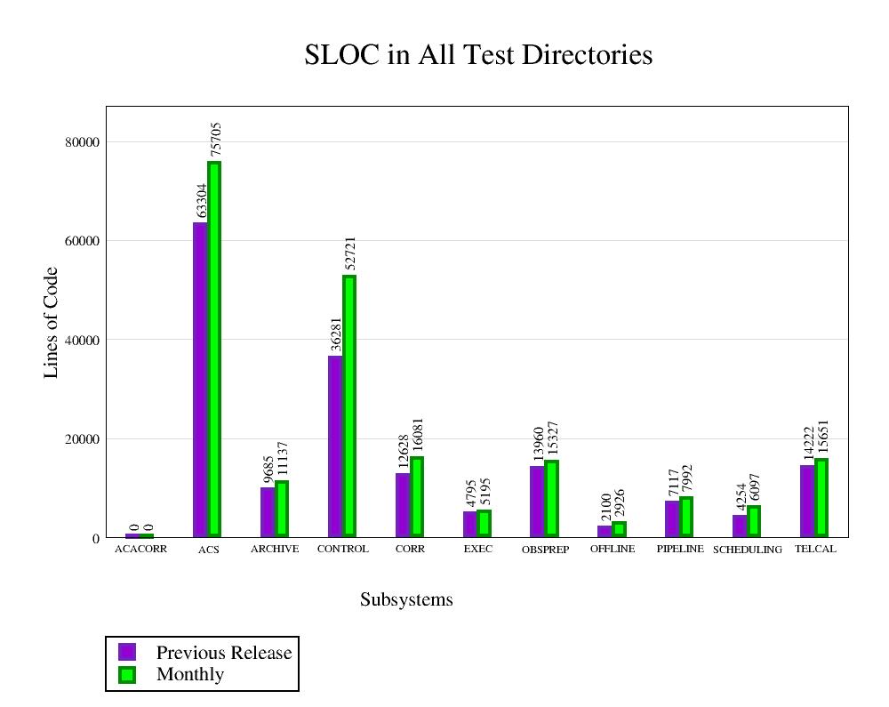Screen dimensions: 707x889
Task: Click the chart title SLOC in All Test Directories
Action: [x=478, y=55]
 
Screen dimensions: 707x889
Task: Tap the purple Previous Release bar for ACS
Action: [x=200, y=379]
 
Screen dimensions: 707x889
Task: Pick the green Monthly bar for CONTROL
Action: [x=349, y=406]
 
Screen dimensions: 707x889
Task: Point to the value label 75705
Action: [x=215, y=140]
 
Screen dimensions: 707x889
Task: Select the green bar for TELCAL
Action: [x=821, y=498]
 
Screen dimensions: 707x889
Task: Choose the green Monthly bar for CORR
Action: [x=417, y=497]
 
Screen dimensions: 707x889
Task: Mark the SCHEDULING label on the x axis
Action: [x=748, y=550]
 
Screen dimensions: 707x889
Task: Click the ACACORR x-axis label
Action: [x=140, y=550]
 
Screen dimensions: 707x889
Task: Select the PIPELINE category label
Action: [x=680, y=550]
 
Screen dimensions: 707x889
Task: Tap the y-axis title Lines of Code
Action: [x=51, y=322]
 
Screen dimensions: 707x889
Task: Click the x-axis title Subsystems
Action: [x=406, y=600]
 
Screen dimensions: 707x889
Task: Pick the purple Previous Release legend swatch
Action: [x=127, y=653]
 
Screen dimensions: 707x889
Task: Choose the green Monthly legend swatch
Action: [x=127, y=675]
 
